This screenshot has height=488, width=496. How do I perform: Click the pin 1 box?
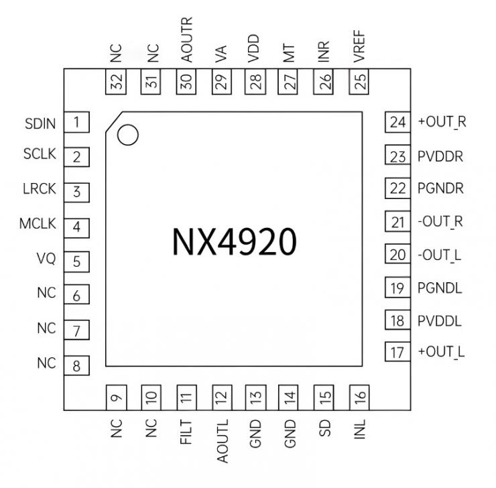[x=77, y=122]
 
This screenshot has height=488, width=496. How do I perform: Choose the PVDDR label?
[x=440, y=157]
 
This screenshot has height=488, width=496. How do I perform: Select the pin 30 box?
[x=186, y=82]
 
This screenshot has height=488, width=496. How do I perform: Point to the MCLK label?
[x=38, y=223]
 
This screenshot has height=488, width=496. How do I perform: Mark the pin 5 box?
[x=77, y=261]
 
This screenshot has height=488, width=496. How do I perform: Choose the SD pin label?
[x=326, y=427]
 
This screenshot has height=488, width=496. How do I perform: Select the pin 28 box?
[x=256, y=82]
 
